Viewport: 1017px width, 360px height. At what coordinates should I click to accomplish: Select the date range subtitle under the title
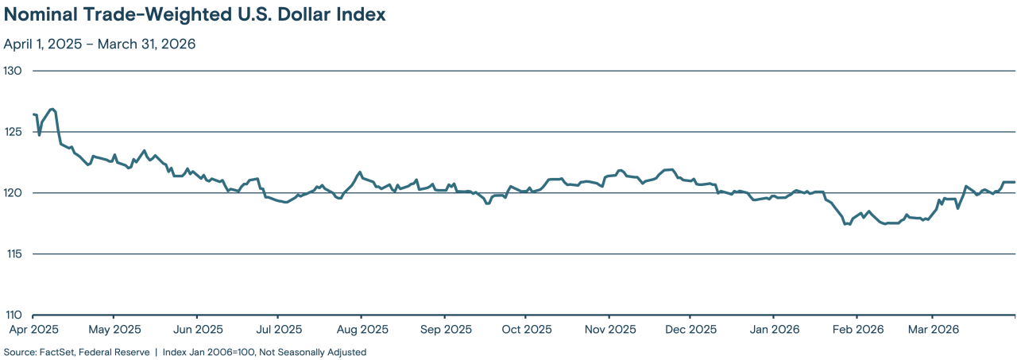point(99,44)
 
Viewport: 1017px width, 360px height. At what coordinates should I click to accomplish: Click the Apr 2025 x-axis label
point(33,328)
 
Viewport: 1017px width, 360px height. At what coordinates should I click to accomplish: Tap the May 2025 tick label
point(114,328)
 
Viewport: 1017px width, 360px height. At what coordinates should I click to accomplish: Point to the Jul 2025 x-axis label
point(278,328)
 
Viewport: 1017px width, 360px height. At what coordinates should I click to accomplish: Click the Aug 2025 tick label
point(362,328)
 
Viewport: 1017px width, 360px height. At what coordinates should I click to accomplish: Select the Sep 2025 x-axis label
point(446,328)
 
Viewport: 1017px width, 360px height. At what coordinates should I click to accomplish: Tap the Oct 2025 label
point(526,328)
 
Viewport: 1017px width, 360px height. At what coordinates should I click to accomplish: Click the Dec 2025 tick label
point(690,328)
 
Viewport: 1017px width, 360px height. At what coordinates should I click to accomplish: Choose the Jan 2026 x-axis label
point(774,328)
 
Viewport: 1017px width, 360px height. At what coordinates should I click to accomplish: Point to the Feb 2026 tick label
point(857,328)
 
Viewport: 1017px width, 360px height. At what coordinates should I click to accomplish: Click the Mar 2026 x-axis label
point(934,328)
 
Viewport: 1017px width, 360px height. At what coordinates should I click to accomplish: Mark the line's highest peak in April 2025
point(51,109)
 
